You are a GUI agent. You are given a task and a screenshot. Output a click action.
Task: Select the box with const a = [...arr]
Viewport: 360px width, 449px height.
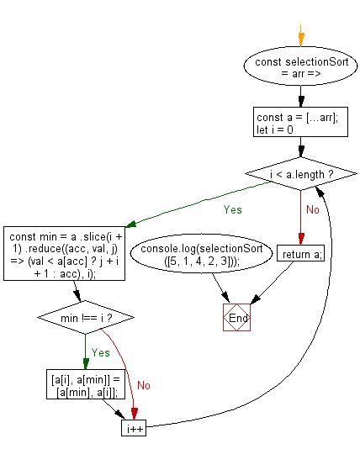coord(300,124)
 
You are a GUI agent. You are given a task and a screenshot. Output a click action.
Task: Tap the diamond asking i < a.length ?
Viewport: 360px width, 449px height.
coord(300,174)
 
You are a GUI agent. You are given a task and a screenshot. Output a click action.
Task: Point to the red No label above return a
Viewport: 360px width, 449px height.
coord(311,209)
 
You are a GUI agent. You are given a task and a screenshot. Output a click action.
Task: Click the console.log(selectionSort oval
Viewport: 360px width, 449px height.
coord(202,256)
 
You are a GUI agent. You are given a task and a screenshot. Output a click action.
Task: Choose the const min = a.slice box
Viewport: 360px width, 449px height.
coord(65,250)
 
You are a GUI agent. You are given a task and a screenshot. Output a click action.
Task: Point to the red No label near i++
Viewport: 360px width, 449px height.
coord(144,386)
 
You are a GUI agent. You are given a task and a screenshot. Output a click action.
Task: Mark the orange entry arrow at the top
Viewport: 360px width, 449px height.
coord(300,35)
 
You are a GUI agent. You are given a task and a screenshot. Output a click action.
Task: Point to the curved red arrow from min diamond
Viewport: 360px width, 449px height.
coord(127,362)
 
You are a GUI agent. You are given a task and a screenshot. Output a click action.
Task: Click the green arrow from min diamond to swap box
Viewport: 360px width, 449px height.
coord(87,351)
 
